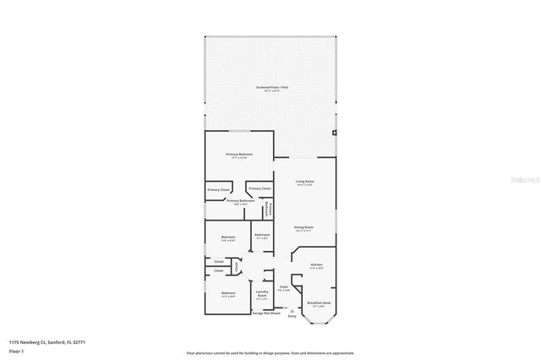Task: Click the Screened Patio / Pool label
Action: coord(271,88)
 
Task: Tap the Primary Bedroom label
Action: coord(239,155)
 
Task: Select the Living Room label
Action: coord(304,183)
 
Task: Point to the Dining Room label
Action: coord(304,228)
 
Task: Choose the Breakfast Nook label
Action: coord(319,303)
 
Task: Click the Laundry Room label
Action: coord(262,295)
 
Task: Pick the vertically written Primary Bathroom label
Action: coord(269,209)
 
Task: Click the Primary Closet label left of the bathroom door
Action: coord(218,190)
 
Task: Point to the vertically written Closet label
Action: coord(237,267)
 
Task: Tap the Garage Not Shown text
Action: coord(266,314)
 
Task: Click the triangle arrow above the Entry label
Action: coord(292,311)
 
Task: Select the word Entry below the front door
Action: coord(292,317)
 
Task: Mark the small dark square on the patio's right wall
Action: coord(335,133)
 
